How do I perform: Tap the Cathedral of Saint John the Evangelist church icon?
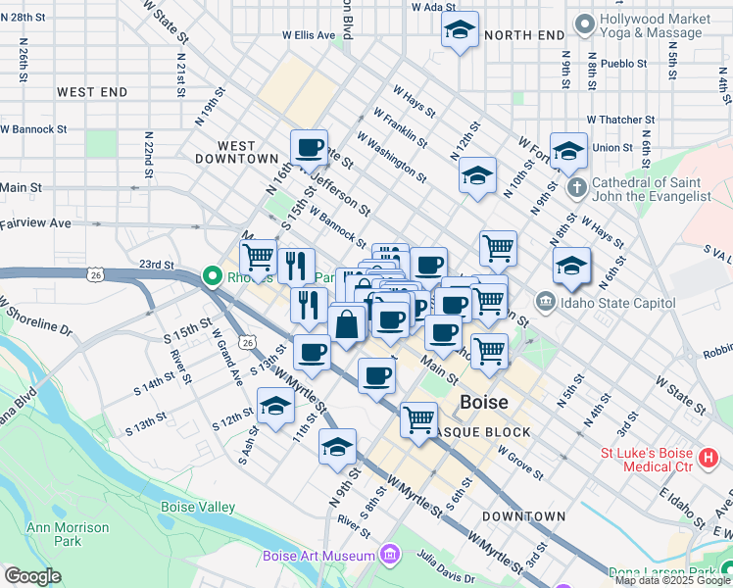coord(578,186)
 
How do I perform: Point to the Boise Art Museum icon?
coord(391,557)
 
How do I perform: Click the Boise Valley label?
coord(198,507)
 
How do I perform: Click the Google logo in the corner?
coord(32,576)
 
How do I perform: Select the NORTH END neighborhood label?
coord(524,35)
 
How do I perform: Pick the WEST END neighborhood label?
coord(92,92)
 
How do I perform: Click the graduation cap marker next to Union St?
coord(568,151)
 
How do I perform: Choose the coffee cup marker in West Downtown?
coord(309,148)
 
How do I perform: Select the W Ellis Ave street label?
coord(309,34)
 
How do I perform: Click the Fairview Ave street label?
coord(36,223)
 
